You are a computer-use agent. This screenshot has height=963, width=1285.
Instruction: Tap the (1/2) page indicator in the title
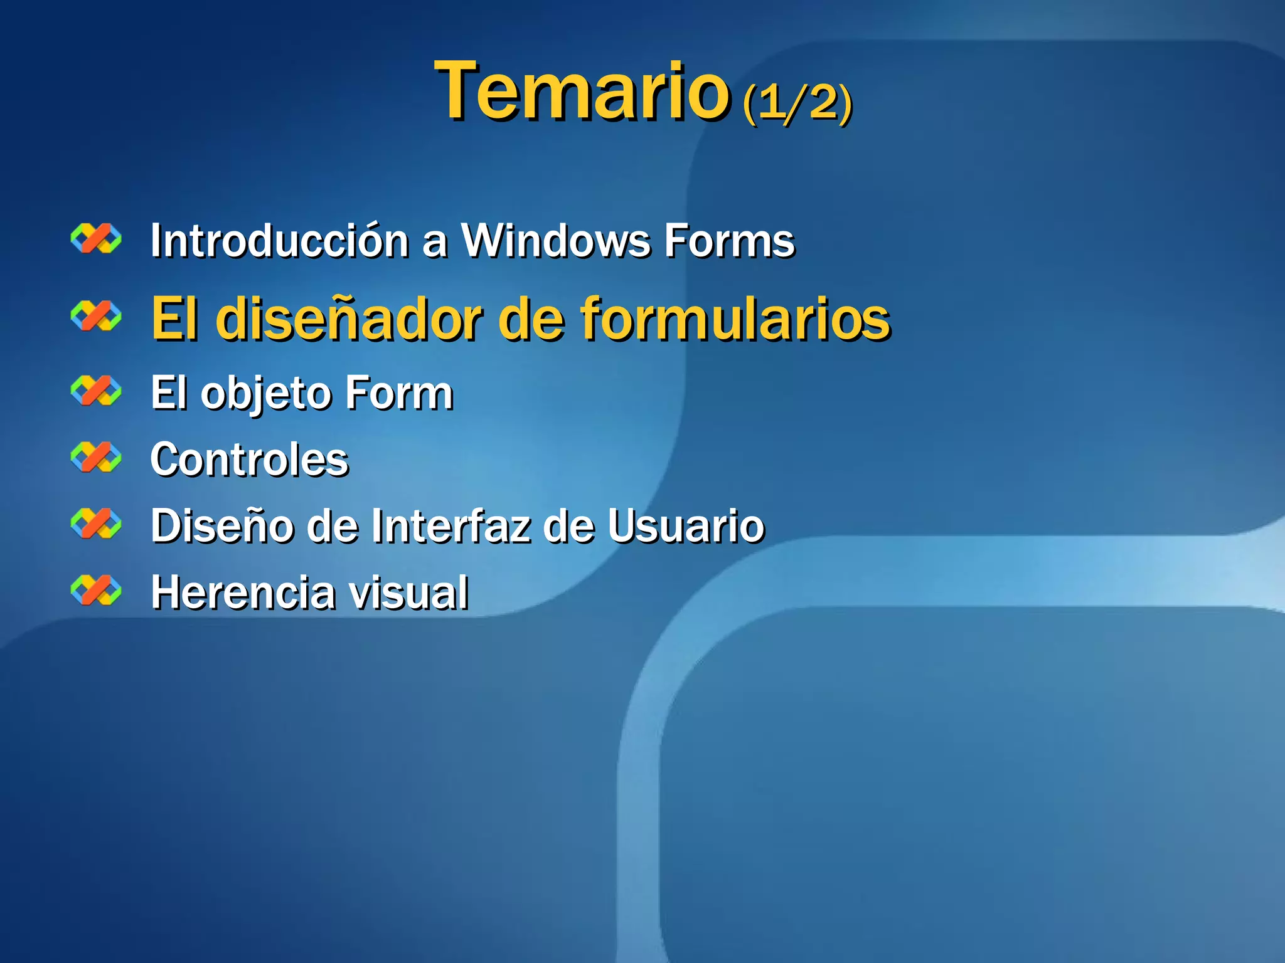pos(797,102)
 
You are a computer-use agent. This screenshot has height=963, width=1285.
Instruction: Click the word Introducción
pos(280,241)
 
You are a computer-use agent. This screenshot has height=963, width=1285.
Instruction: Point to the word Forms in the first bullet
pos(729,241)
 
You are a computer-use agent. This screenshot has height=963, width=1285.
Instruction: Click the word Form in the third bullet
pos(399,393)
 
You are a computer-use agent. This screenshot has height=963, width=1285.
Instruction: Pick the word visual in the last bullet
pos(408,592)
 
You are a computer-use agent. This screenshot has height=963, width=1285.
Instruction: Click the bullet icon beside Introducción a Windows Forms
pos(96,239)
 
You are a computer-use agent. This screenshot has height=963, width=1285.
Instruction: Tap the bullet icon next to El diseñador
pos(96,315)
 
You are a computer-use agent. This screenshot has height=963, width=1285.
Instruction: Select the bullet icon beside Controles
pos(96,457)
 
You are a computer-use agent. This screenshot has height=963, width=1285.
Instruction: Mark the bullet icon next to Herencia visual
pos(96,590)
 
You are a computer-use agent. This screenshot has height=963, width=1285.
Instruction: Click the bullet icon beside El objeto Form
pos(96,391)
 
